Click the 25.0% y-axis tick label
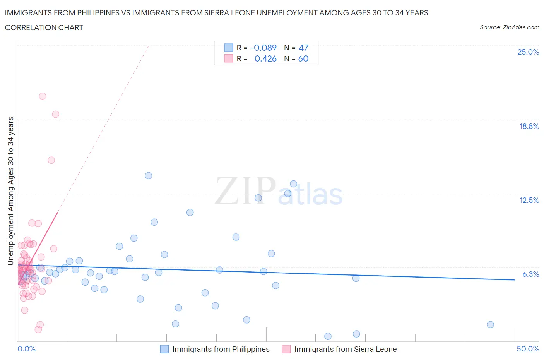[x=528, y=52]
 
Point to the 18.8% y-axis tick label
[x=529, y=126]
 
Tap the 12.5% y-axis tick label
[x=529, y=200]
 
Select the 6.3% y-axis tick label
[x=530, y=274]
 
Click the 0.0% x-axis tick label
[x=26, y=349]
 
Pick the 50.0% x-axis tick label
[x=528, y=349]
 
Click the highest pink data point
[x=43, y=96]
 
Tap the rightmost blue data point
[x=490, y=325]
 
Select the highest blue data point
[x=148, y=176]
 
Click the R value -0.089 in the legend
[x=263, y=48]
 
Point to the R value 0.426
[x=265, y=58]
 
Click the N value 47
[x=303, y=48]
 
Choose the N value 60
[x=303, y=58]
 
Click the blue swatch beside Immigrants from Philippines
[x=164, y=349]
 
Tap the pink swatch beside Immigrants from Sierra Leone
[x=286, y=349]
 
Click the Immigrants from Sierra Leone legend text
[x=346, y=349]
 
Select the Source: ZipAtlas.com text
[x=509, y=27]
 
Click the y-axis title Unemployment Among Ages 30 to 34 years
[x=11, y=191]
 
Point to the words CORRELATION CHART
[x=44, y=27]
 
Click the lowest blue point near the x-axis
[x=328, y=336]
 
